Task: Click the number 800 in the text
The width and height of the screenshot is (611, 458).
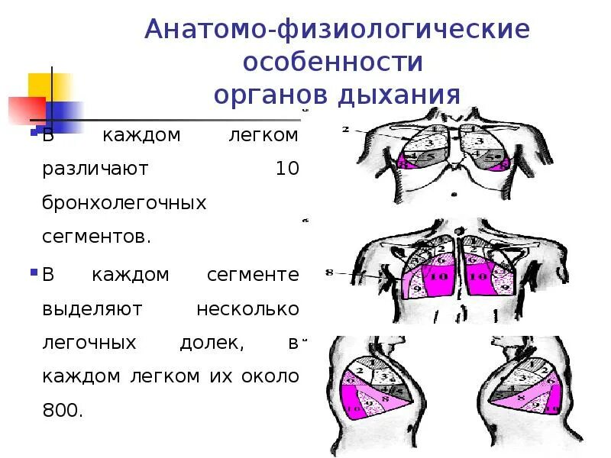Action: pos(60,410)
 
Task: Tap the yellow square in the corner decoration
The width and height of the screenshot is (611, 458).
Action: pos(42,84)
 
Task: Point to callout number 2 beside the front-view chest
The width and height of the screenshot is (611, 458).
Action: pos(346,130)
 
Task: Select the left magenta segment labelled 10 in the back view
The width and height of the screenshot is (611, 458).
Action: pos(438,279)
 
